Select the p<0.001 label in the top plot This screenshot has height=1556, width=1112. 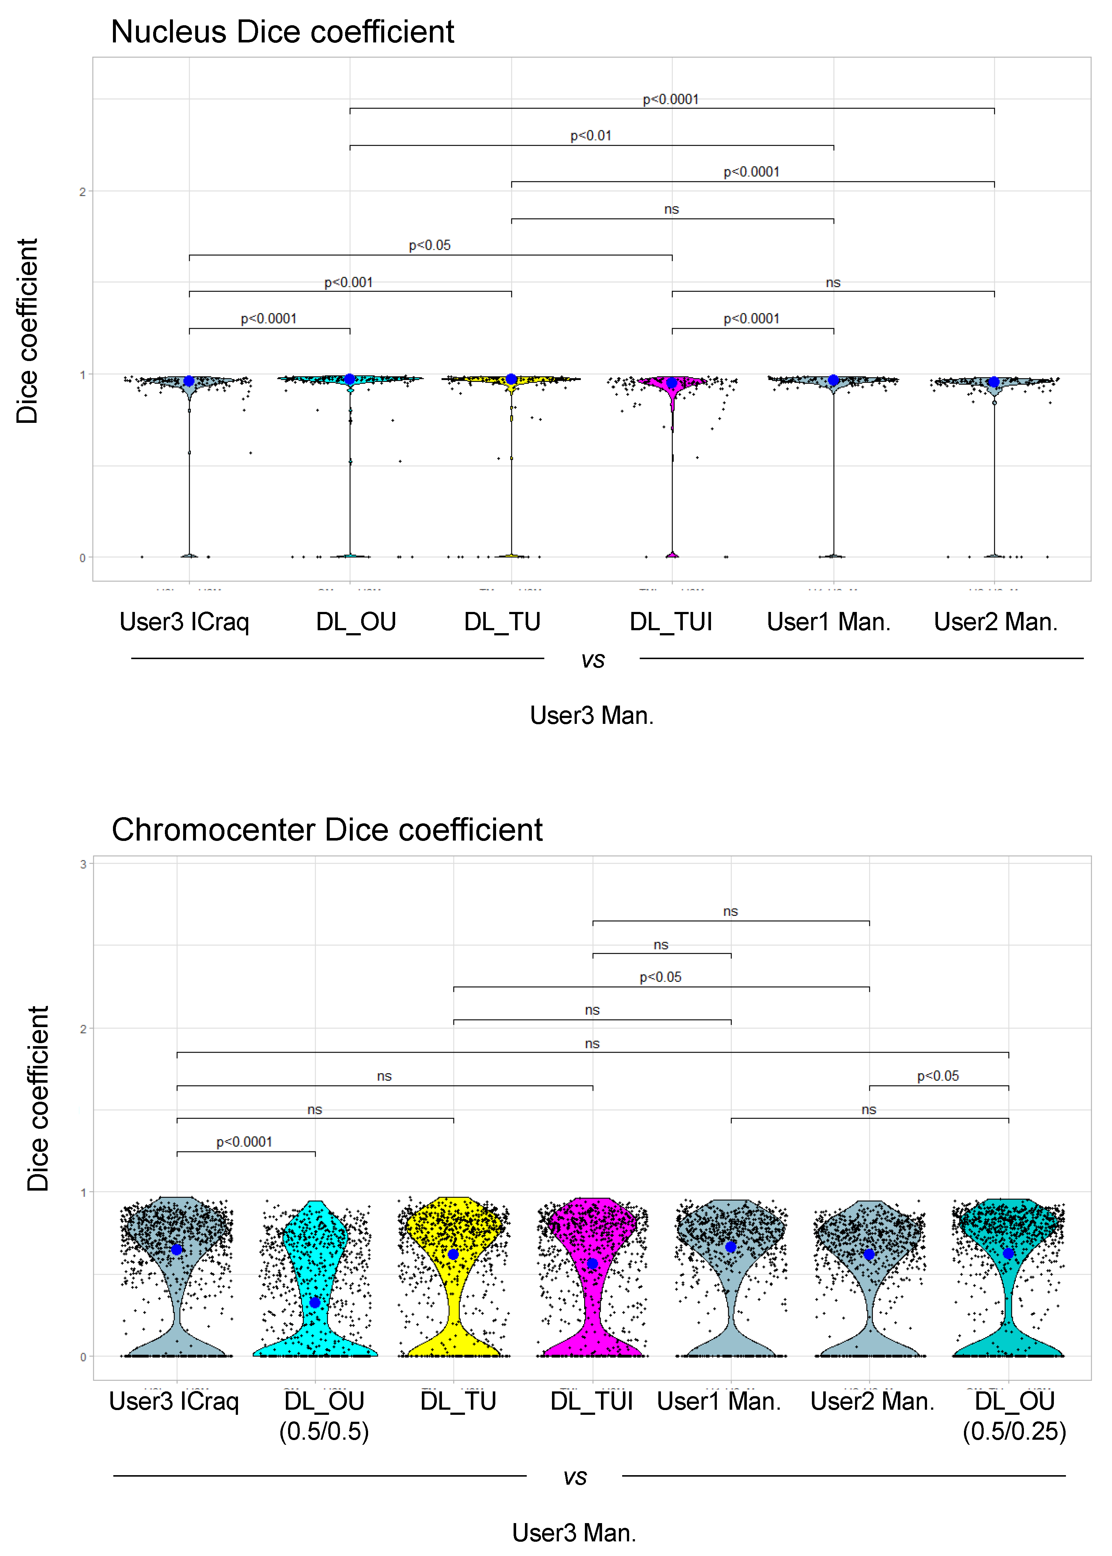pyautogui.click(x=348, y=282)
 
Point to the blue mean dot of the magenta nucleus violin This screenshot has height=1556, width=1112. pyautogui.click(x=672, y=383)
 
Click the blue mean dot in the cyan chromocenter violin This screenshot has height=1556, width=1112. pyautogui.click(x=315, y=1302)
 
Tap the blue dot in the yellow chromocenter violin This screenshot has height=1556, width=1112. pyautogui.click(x=453, y=1254)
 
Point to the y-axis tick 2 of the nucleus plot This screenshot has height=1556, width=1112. pyautogui.click(x=82, y=192)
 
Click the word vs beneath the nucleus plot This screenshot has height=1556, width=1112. pyautogui.click(x=593, y=660)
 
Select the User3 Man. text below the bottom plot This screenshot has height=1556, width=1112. pyautogui.click(x=574, y=1533)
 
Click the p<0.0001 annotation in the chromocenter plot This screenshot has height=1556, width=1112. pyautogui.click(x=245, y=1142)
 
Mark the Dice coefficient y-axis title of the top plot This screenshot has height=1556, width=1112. pyautogui.click(x=27, y=331)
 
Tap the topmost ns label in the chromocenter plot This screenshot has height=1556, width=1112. pyautogui.click(x=731, y=911)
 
